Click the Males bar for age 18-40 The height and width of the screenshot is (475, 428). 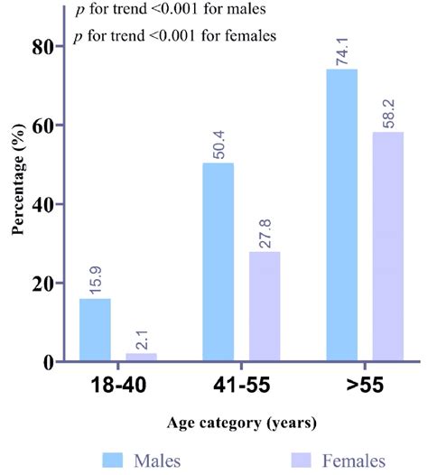click(95, 330)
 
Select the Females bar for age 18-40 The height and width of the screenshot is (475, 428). click(141, 358)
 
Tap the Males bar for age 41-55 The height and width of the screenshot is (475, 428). click(219, 262)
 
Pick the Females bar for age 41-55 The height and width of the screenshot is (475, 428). click(265, 306)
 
